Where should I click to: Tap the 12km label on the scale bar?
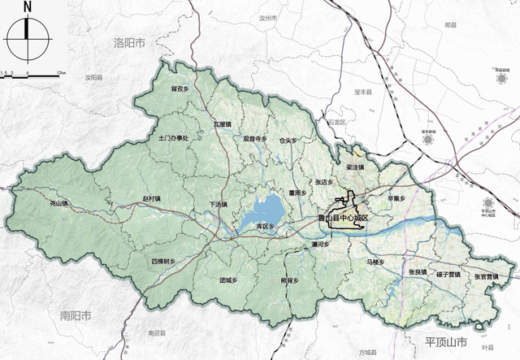click(x=61, y=73)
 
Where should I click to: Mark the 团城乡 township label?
click(x=228, y=280)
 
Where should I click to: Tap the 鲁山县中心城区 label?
click(x=343, y=219)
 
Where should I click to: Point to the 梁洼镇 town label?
click(x=354, y=167)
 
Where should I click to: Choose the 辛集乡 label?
click(x=396, y=197)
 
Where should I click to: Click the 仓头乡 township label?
click(x=288, y=140)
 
